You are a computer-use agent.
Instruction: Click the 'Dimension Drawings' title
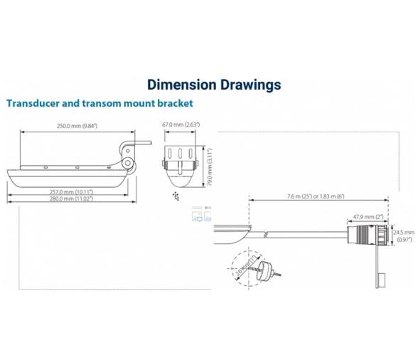(213, 85)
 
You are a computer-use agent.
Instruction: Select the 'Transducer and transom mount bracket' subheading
(100, 103)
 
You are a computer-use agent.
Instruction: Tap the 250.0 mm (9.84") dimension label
(77, 125)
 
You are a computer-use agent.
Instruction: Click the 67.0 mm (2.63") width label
(181, 125)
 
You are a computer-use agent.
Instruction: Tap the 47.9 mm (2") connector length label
(368, 217)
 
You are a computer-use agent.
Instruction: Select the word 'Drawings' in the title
(245, 85)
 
